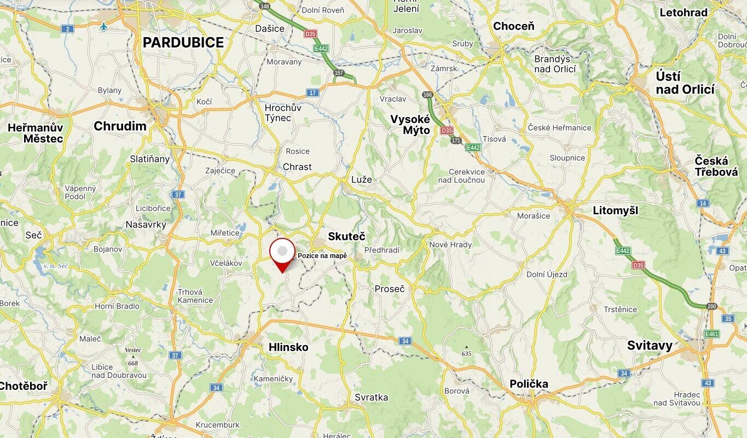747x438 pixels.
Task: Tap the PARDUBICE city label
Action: [183, 43]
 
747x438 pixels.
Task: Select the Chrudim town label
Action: [120, 126]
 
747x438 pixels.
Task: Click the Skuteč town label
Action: [346, 236]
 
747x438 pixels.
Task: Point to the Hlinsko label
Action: [288, 347]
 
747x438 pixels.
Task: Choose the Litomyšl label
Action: [615, 211]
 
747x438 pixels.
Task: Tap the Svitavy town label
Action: [650, 346]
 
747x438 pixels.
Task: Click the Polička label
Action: [529, 384]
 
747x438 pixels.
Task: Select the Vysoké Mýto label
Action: [410, 125]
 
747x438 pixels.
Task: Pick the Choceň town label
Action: [513, 26]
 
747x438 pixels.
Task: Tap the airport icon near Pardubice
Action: [104, 26]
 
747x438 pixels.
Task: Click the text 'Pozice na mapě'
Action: [322, 256]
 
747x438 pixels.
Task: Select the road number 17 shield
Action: [312, 92]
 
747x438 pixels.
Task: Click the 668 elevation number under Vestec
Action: [133, 363]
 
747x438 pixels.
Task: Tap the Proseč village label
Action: [390, 289]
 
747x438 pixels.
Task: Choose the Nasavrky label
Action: [146, 224]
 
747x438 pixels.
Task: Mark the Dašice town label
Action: [270, 28]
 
